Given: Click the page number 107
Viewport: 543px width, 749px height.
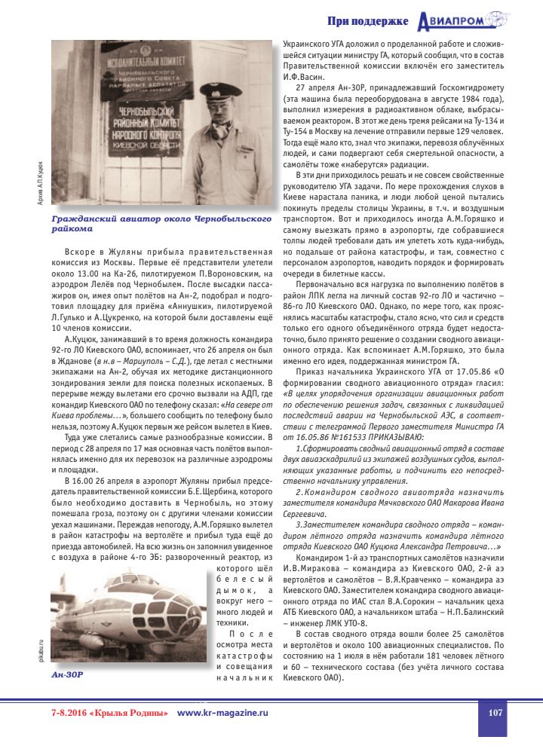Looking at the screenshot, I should [495, 712].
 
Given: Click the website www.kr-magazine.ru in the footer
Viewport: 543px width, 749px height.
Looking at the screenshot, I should [222, 712].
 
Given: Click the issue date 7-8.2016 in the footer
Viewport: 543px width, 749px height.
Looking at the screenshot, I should [68, 712].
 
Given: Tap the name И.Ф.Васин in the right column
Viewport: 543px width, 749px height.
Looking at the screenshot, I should [303, 77].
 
